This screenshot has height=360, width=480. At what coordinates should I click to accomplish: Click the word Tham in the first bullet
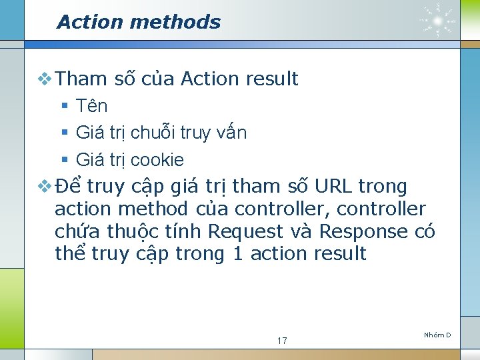click(82, 79)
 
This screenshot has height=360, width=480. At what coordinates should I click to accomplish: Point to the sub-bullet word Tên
click(92, 106)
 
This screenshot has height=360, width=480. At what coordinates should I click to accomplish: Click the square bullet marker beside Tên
click(65, 106)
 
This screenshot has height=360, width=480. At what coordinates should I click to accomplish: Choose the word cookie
click(157, 160)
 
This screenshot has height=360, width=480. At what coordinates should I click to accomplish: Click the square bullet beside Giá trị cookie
click(65, 160)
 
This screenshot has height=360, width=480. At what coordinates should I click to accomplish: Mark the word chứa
click(75, 231)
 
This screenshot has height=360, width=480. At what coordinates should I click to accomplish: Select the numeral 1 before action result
click(237, 253)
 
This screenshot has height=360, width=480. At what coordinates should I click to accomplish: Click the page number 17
click(282, 341)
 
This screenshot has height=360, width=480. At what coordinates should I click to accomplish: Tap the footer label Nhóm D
click(437, 334)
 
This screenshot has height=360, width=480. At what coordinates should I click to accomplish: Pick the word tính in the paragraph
click(185, 231)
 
